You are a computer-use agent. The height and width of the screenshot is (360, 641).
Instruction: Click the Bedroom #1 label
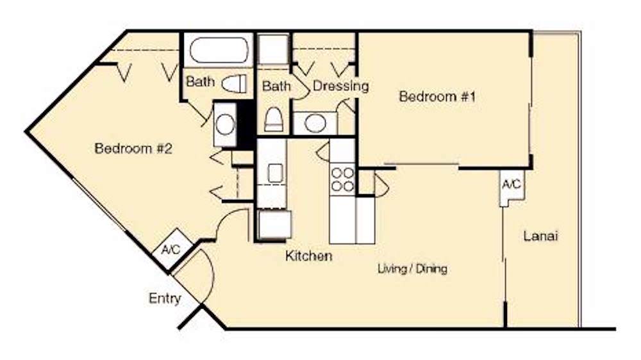tap(438, 97)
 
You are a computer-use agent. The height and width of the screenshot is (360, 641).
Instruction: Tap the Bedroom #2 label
tap(133, 149)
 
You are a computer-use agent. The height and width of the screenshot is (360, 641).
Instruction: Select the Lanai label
tap(541, 236)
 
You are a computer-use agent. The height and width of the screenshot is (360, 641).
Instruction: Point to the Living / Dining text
tap(412, 269)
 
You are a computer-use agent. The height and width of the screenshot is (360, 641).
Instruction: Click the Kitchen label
tap(309, 256)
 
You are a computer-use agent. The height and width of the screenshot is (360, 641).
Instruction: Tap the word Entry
tap(165, 299)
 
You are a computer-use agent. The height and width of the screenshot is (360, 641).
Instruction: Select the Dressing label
tap(340, 86)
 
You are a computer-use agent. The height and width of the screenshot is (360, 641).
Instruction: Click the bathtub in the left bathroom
tap(219, 49)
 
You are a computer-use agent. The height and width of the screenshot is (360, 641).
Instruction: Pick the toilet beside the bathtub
tap(234, 83)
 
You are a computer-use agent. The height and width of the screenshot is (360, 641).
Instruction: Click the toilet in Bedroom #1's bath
tap(274, 119)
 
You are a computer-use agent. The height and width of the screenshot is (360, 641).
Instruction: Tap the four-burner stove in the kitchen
tap(342, 179)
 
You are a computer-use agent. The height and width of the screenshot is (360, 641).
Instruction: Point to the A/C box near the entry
tap(170, 249)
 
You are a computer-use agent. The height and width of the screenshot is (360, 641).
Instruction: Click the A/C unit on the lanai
tap(511, 186)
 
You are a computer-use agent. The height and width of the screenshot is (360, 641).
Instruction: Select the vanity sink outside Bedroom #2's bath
tap(224, 124)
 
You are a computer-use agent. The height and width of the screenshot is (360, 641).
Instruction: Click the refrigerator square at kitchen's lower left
tap(274, 224)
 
